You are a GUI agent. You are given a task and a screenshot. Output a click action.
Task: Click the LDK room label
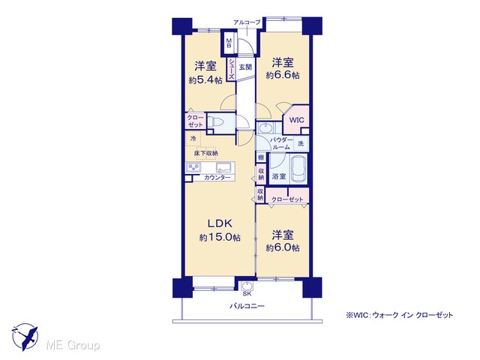point(220,223)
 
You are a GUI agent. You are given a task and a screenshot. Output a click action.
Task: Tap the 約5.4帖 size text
point(205,80)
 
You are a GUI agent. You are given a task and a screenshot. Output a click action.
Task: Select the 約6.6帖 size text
point(283,75)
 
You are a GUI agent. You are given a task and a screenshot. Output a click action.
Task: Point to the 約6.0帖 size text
point(283,247)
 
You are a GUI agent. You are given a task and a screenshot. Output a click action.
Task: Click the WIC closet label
point(296,120)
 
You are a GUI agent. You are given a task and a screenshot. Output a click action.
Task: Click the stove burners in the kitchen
point(193,168)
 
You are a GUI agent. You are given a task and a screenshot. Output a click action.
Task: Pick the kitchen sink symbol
point(224,168)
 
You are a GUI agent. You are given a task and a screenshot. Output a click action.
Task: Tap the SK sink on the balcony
point(247,286)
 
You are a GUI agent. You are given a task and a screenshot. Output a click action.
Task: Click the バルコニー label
point(247,306)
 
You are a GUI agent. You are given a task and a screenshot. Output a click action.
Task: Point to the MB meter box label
point(229,43)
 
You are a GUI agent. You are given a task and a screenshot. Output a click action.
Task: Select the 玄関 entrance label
point(245,67)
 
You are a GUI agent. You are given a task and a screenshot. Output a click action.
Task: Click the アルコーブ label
point(247,22)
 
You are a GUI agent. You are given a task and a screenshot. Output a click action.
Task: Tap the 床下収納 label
point(205,153)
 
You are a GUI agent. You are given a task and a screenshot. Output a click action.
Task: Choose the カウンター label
point(217,178)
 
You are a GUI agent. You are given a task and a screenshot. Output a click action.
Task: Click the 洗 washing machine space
point(301,143)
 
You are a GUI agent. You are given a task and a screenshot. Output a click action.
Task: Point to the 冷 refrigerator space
point(193,138)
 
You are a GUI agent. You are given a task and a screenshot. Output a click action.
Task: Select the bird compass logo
point(25,337)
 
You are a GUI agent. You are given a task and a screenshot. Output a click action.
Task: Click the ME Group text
point(73,345)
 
